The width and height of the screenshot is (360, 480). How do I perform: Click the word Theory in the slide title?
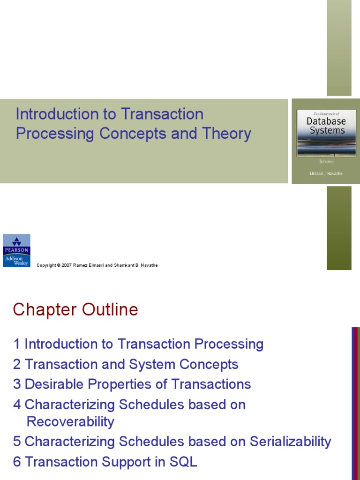pos(227,134)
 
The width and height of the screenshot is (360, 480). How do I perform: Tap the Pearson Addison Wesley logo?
pos(16,250)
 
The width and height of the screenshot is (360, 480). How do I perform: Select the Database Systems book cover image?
pos(326,141)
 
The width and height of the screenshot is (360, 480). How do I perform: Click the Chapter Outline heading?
pos(75,310)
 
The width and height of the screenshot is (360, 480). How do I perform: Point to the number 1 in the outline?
pos(17,344)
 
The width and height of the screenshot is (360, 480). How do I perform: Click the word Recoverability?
pos(70,421)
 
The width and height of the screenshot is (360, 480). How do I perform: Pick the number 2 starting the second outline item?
pos(17,364)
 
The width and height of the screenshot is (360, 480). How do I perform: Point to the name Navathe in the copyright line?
pos(147,265)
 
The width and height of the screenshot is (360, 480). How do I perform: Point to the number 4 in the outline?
pos(17,405)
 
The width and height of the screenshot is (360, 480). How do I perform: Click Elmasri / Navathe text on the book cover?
pos(326,173)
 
